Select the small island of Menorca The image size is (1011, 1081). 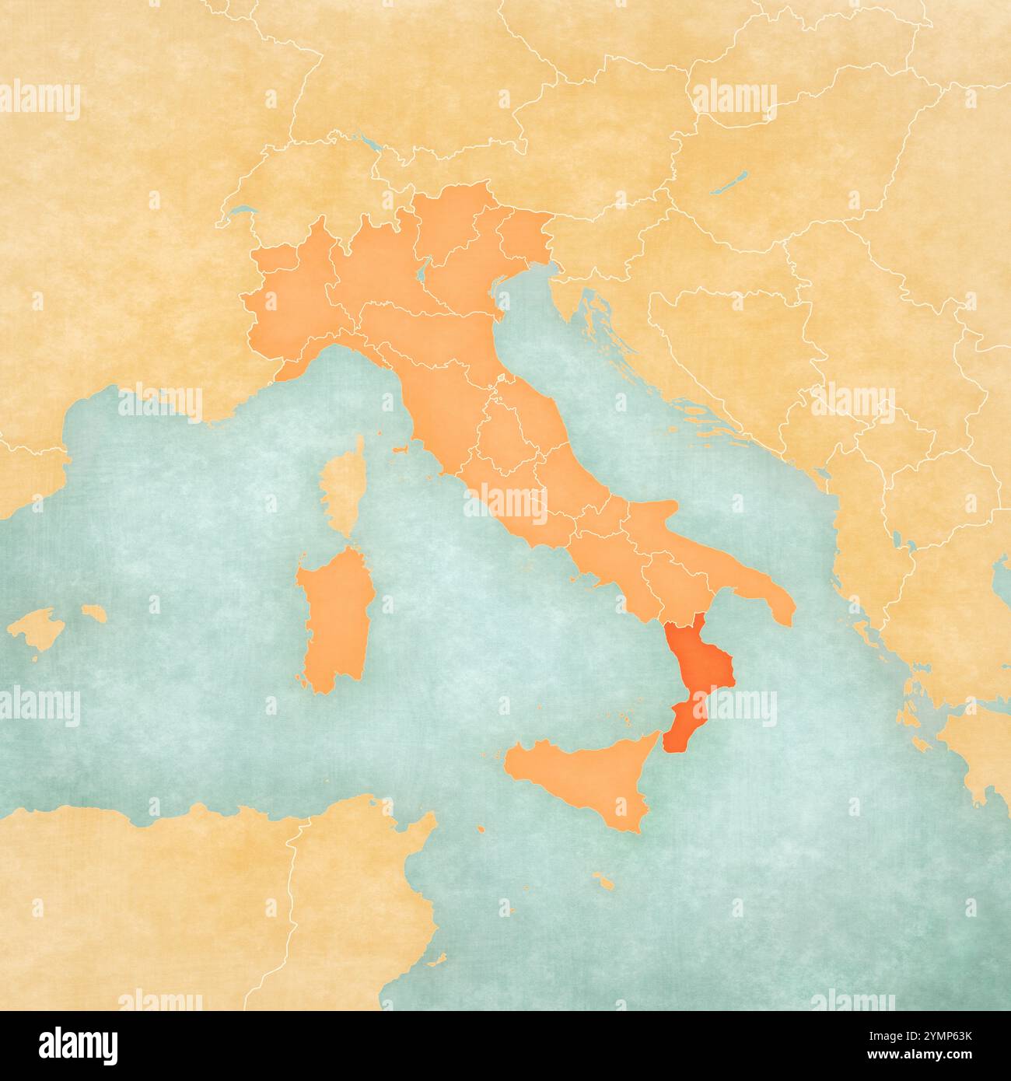pos(94,613)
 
